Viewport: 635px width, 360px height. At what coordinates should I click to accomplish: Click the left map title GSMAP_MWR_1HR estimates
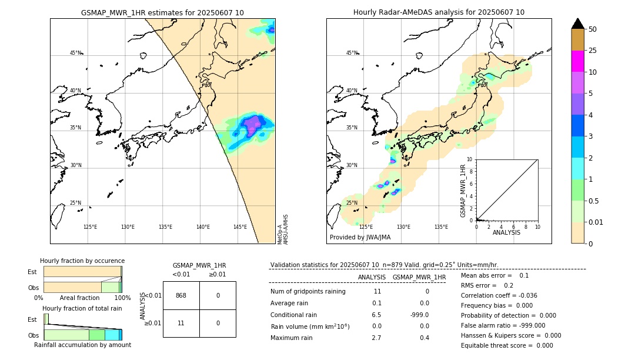pos(162,12)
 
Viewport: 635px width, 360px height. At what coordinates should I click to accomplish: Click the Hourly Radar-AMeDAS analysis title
pos(439,12)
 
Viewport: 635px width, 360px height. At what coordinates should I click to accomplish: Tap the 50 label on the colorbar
pos(593,29)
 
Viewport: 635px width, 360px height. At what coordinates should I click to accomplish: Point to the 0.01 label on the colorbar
pos(596,222)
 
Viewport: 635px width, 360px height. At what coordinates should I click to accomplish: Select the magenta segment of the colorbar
pos(578,61)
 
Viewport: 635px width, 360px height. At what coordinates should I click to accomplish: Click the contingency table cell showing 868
pos(181,295)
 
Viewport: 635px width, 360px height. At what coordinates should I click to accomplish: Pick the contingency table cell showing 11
pos(181,323)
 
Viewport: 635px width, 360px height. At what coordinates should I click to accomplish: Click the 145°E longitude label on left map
pos(240,227)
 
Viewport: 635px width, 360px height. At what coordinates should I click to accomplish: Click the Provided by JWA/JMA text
pos(360,237)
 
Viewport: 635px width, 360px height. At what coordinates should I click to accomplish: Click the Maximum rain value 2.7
pos(376,338)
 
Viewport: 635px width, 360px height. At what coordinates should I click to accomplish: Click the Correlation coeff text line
pos(499,295)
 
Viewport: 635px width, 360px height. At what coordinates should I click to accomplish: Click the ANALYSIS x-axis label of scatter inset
pos(506,232)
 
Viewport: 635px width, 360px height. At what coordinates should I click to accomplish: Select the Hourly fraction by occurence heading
pos(82,261)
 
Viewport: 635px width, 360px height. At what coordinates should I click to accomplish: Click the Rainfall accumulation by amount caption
pos(82,345)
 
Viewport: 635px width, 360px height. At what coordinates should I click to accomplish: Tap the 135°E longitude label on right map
pos(441,227)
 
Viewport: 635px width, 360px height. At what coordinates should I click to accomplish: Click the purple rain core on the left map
pos(253,125)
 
